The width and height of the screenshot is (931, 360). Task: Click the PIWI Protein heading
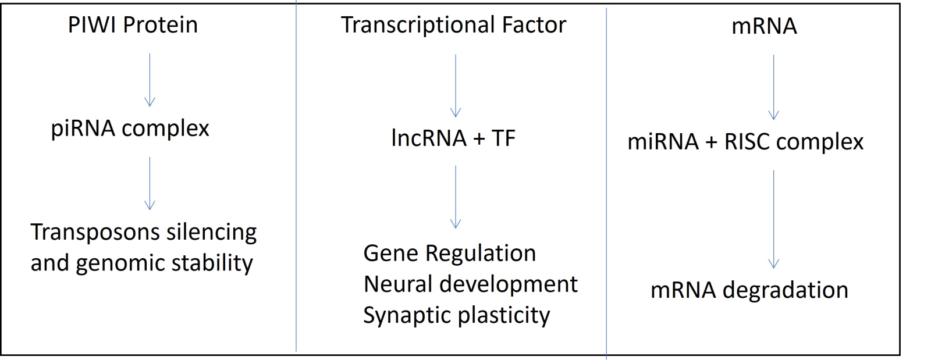(x=133, y=25)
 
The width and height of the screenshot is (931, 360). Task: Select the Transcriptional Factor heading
(x=453, y=25)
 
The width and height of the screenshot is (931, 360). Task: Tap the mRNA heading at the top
(x=764, y=26)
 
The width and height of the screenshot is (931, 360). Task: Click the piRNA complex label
(x=130, y=129)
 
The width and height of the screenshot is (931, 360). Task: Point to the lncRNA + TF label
(x=453, y=138)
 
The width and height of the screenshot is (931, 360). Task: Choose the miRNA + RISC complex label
(x=745, y=141)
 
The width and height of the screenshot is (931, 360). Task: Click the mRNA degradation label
(x=749, y=290)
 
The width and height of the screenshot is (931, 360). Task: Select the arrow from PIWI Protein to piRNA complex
(x=150, y=80)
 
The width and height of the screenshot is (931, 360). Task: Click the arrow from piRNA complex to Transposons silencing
(x=150, y=184)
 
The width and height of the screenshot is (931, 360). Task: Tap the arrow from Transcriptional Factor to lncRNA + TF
(x=456, y=86)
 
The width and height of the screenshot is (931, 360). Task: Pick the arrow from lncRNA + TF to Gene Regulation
(x=456, y=197)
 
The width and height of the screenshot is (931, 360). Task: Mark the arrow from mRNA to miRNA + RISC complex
(x=773, y=87)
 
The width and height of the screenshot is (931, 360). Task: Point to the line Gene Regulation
(x=450, y=254)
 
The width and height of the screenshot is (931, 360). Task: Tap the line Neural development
(x=471, y=284)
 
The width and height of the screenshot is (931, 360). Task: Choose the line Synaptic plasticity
(x=457, y=316)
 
